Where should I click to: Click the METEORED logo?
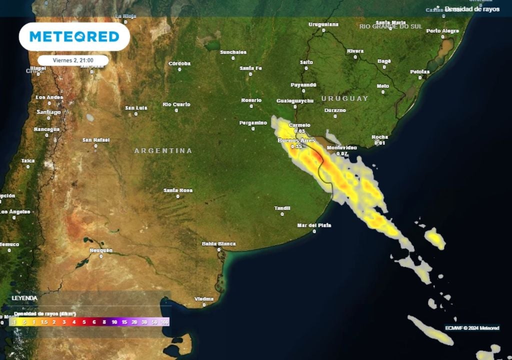(74, 36)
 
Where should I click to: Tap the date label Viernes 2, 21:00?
(73, 60)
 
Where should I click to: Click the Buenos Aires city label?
(296, 141)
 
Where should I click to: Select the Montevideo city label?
(341, 148)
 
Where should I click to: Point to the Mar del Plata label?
(314, 225)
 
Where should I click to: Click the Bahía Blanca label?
(218, 244)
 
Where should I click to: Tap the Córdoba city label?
(179, 63)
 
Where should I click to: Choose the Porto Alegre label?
(442, 31)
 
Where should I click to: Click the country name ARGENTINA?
(163, 150)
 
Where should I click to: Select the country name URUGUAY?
(344, 98)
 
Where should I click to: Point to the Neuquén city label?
(101, 250)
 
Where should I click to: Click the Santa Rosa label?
(178, 190)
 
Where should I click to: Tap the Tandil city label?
(282, 208)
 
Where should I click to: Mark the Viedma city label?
(203, 298)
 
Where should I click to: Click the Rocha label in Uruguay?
(380, 137)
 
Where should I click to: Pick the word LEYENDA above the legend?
(24, 298)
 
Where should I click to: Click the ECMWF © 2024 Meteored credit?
(472, 328)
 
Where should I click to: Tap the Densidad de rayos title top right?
(471, 9)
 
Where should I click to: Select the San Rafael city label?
(95, 140)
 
